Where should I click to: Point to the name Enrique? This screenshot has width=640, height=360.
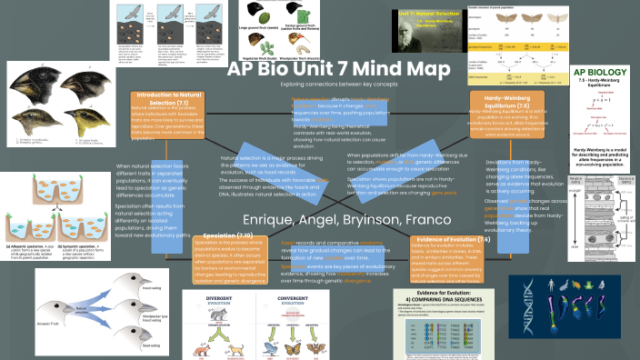(x=270, y=219)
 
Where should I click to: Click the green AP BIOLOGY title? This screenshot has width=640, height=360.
(x=599, y=73)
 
